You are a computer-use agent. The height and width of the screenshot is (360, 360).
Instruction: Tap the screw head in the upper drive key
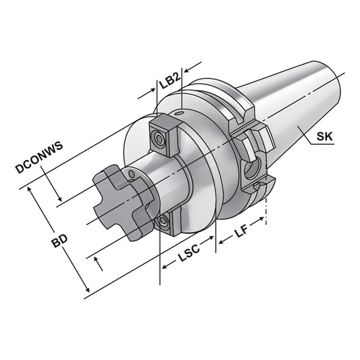(159, 139)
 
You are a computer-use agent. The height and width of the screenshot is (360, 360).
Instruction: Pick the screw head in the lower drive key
(163, 223)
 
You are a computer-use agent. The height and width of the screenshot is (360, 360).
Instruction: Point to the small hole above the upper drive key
(182, 113)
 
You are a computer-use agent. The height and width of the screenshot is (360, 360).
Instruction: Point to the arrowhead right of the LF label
(263, 223)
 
